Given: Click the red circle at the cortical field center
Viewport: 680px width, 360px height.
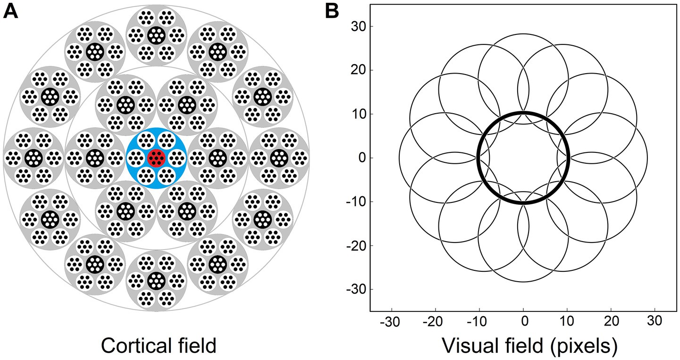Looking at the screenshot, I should [156, 158].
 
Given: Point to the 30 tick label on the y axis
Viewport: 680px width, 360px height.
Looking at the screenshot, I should [357, 27].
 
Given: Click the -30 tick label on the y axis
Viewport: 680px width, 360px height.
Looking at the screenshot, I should [355, 289].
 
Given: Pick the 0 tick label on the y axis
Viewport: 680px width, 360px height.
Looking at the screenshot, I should [361, 158].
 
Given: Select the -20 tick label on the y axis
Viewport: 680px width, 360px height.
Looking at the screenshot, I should [355, 245].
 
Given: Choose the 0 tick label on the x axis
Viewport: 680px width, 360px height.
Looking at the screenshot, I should [523, 322].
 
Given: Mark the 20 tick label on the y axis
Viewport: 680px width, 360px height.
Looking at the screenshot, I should [357, 71].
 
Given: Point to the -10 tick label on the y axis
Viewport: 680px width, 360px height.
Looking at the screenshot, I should [355, 201].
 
